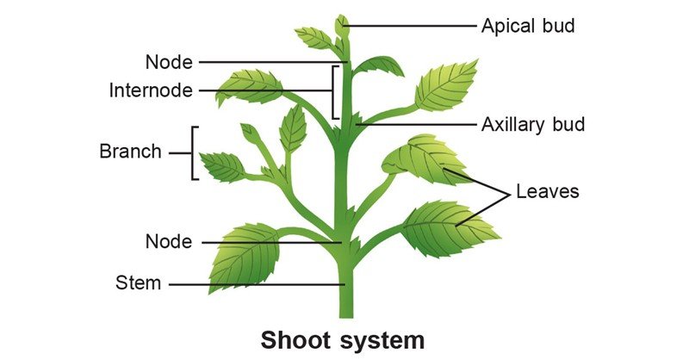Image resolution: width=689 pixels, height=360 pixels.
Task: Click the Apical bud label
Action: (x=528, y=27)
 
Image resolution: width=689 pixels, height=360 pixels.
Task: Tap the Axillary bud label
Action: (x=533, y=125)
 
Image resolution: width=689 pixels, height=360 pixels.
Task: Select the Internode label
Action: (x=151, y=90)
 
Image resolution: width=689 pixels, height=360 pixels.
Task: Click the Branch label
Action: (x=131, y=152)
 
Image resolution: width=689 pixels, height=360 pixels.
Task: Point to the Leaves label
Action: (x=548, y=191)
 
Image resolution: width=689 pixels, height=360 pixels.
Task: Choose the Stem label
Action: (x=138, y=282)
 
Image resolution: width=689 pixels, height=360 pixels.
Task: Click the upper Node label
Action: (x=169, y=62)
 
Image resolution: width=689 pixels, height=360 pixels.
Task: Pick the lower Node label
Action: (x=169, y=242)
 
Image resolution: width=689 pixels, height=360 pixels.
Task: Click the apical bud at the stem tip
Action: (x=341, y=26)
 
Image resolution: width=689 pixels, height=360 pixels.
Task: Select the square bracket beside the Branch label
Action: (x=192, y=153)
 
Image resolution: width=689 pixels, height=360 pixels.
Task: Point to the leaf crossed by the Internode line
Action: (x=249, y=87)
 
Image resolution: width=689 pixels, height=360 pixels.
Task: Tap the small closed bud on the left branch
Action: (x=250, y=133)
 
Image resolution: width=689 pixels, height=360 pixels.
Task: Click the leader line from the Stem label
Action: (x=257, y=284)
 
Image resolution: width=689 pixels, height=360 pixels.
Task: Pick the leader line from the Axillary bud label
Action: (x=416, y=125)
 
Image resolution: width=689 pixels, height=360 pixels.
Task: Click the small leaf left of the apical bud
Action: (x=313, y=38)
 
